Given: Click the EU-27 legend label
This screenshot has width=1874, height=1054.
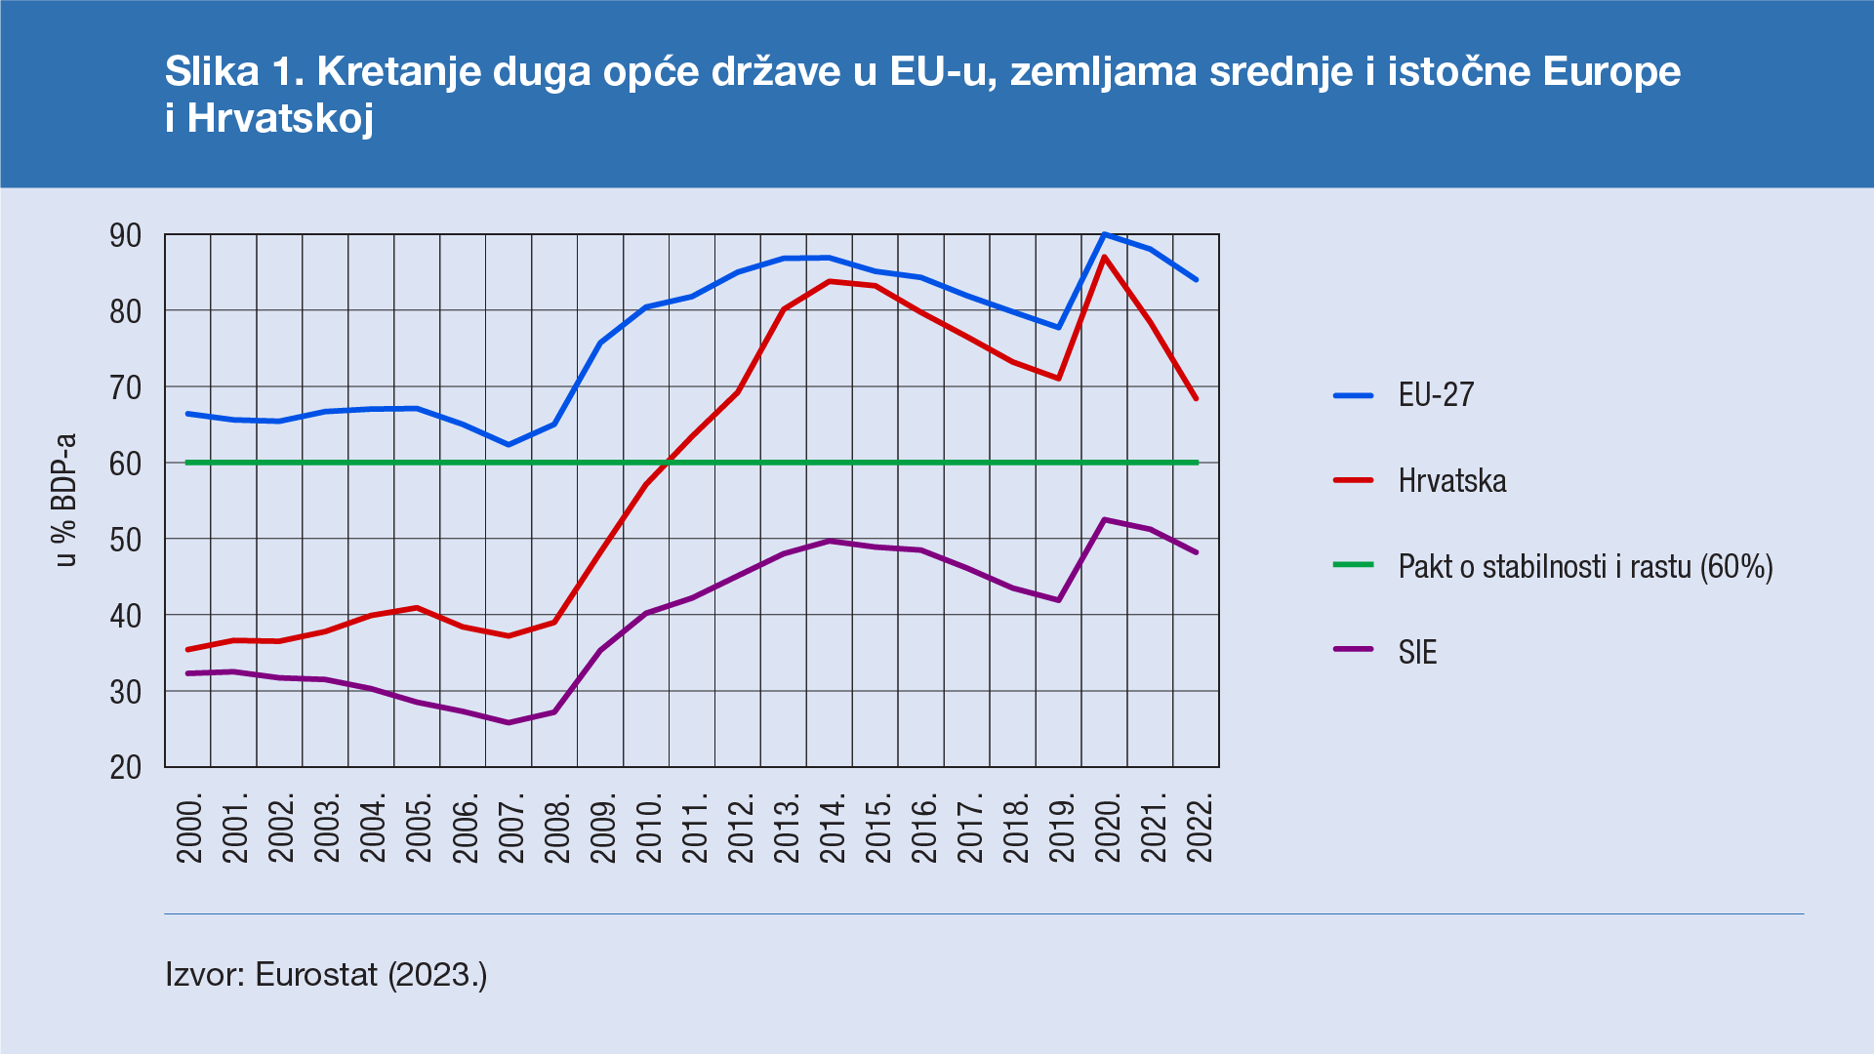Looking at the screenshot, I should click(x=1436, y=395).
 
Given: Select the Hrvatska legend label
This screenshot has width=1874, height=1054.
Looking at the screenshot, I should click(x=1451, y=481).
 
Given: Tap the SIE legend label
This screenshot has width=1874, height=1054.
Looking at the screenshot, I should click(x=1417, y=652).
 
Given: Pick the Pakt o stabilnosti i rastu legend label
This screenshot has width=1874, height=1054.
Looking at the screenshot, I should click(x=1585, y=567).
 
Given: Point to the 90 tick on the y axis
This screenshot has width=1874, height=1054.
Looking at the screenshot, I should click(x=126, y=235).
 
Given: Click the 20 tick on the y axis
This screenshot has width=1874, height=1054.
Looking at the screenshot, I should click(x=126, y=768).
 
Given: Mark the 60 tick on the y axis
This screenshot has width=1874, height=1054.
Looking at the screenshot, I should click(x=126, y=464).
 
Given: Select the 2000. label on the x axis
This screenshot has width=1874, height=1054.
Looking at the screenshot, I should click(x=189, y=828).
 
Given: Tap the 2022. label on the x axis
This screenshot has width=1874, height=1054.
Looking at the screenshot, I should click(x=1200, y=828).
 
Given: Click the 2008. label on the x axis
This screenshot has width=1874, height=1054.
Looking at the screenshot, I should click(x=557, y=828).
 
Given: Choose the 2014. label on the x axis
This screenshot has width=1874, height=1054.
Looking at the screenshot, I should click(x=833, y=828).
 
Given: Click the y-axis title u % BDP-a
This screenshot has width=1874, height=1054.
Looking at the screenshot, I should click(x=65, y=500).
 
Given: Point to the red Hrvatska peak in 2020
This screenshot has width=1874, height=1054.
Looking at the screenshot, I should click(x=1104, y=258).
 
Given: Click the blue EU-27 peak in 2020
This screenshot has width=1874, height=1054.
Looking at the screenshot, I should click(x=1104, y=234).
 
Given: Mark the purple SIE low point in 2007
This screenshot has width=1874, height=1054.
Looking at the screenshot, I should click(x=509, y=722).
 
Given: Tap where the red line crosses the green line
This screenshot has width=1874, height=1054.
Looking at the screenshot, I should click(x=668, y=462).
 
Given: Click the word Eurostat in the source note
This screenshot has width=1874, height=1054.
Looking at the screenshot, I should click(x=316, y=974).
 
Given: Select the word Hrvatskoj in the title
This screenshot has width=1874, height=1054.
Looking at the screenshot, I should click(x=280, y=118).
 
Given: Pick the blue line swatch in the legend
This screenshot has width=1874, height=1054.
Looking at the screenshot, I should click(x=1353, y=395).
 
